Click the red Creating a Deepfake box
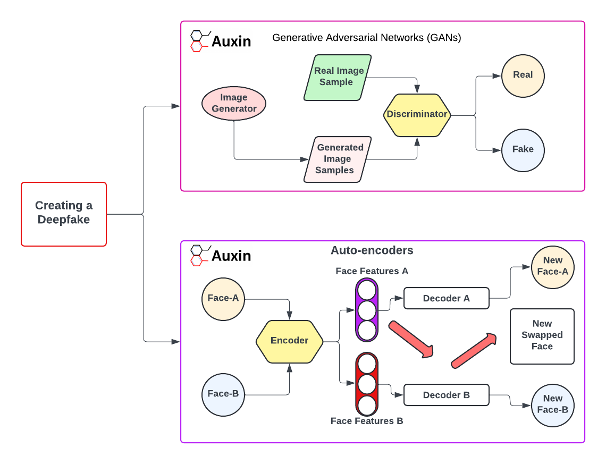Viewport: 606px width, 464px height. pyautogui.click(x=64, y=214)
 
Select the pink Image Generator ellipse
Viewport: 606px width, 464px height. pyautogui.click(x=234, y=104)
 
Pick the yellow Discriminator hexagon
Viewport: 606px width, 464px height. pyautogui.click(x=417, y=114)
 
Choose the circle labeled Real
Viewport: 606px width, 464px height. pyautogui.click(x=523, y=75)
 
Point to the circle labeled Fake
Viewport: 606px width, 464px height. pyautogui.click(x=523, y=149)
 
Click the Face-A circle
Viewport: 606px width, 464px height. pyautogui.click(x=223, y=298)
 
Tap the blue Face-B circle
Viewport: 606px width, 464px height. pyautogui.click(x=223, y=394)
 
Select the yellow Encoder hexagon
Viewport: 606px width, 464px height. pyautogui.click(x=289, y=341)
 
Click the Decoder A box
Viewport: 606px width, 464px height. pyautogui.click(x=447, y=299)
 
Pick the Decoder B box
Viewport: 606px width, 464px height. pyautogui.click(x=447, y=395)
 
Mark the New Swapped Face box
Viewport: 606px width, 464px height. pyautogui.click(x=542, y=336)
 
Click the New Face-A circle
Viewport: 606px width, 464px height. pyautogui.click(x=553, y=266)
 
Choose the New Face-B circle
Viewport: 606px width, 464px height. pyautogui.click(x=553, y=404)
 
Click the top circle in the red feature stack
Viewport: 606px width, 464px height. pyautogui.click(x=367, y=364)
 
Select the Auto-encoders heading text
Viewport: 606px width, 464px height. pyautogui.click(x=372, y=250)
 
